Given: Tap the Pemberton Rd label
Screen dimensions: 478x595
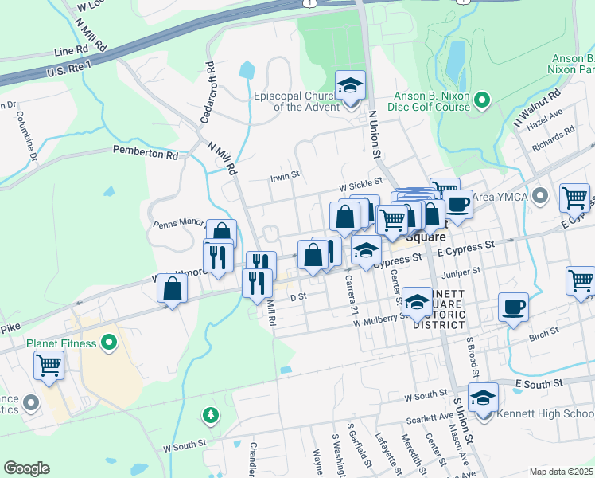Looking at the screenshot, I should coord(146,151).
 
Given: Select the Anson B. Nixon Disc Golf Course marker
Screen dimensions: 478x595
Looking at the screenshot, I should coord(481,100).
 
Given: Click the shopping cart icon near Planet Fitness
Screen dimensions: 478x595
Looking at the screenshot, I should coord(49,366).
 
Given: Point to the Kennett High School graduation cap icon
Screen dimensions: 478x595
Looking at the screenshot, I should coord(483,398).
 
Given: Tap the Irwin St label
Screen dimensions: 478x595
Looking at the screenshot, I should coord(284,174).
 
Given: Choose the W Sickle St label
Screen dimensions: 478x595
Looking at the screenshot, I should coord(361,183).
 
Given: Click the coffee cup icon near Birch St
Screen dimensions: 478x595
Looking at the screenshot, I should coord(513,307).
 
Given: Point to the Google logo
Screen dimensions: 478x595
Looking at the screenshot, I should coord(26,468).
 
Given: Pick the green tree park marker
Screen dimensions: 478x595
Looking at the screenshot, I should coord(210,415).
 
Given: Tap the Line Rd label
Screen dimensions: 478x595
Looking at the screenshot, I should coord(72,51).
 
